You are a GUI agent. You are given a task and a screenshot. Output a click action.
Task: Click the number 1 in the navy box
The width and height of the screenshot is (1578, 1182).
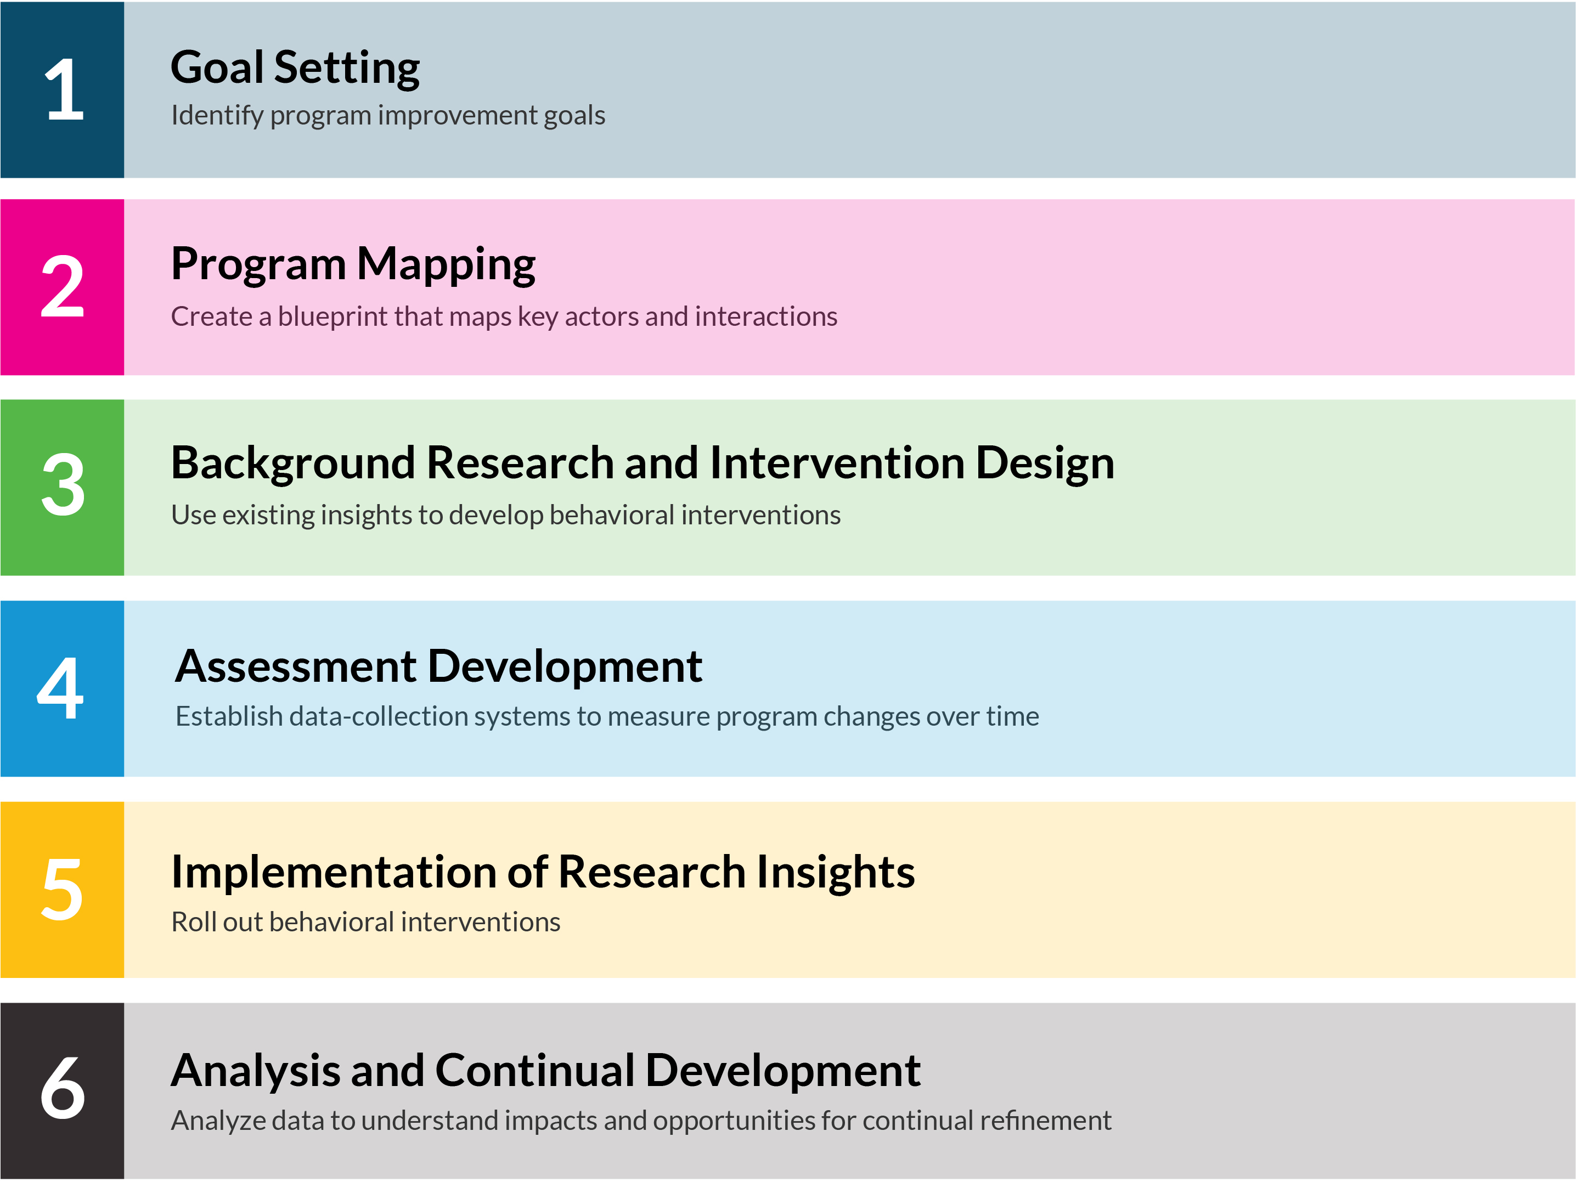[64, 90]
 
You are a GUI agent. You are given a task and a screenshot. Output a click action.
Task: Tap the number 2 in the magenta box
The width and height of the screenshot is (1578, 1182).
[63, 287]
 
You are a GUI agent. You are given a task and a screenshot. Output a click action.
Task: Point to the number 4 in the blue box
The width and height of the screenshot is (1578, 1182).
[61, 688]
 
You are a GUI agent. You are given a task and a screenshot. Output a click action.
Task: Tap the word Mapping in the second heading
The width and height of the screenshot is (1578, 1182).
[446, 265]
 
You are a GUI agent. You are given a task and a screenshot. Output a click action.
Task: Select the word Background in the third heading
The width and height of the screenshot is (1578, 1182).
[292, 463]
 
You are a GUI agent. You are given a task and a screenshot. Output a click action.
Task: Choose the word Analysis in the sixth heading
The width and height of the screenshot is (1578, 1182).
[255, 1071]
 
